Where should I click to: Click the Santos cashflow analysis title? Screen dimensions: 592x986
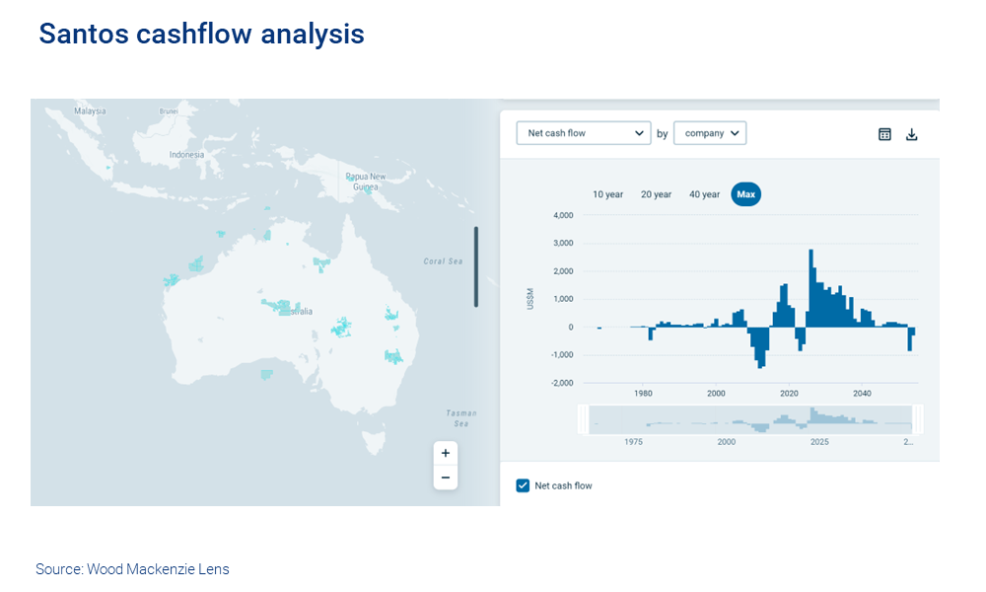tap(201, 35)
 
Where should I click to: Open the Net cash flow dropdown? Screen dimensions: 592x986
tap(584, 133)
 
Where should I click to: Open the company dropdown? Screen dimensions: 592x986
tap(709, 133)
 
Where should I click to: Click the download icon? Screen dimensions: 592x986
tap(911, 134)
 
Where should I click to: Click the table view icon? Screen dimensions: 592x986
tap(884, 134)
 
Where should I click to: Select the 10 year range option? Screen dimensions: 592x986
tap(607, 194)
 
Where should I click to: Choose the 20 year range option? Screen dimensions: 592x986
tap(656, 194)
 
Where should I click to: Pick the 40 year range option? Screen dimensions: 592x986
tap(704, 194)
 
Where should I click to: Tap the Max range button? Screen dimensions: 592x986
tap(745, 194)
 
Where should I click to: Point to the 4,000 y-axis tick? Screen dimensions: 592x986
tap(563, 215)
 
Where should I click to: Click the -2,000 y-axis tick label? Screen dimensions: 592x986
tap(561, 383)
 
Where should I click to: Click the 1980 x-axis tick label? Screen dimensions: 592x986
tap(643, 394)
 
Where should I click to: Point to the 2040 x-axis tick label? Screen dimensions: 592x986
tap(862, 394)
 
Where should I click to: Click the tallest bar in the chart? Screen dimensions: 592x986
tap(810, 286)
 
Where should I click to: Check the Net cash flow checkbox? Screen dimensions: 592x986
tap(524, 485)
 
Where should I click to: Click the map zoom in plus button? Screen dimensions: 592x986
tap(445, 453)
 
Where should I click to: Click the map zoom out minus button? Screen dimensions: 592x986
tap(445, 478)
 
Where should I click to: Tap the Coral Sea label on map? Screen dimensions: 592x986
tap(443, 261)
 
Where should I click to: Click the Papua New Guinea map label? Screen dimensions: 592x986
tap(365, 182)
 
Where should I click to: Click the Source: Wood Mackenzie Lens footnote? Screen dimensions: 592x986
tap(132, 569)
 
